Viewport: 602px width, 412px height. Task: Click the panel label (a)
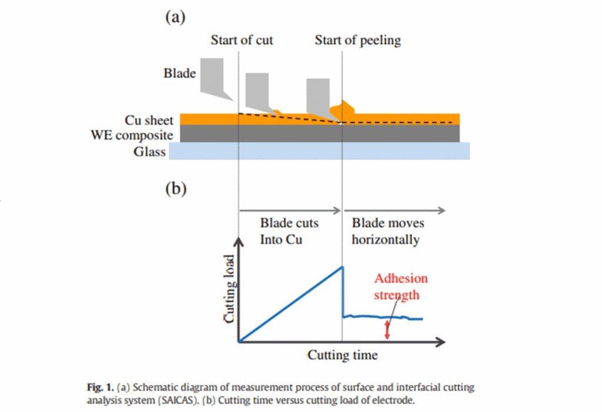click(175, 17)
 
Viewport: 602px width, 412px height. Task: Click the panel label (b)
click(175, 189)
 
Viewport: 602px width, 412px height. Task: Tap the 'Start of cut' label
click(242, 41)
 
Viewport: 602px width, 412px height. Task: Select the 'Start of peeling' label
click(357, 41)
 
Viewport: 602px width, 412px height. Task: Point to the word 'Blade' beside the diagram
click(179, 74)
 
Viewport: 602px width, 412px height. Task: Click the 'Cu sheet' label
click(149, 120)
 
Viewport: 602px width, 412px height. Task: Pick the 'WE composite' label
click(132, 135)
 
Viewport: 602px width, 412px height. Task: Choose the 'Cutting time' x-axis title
click(342, 355)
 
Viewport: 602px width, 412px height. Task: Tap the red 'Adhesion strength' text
click(401, 286)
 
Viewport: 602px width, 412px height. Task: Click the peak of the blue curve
click(342, 267)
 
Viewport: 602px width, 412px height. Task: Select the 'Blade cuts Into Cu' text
click(289, 231)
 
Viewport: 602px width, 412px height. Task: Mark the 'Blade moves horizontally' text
click(387, 231)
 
